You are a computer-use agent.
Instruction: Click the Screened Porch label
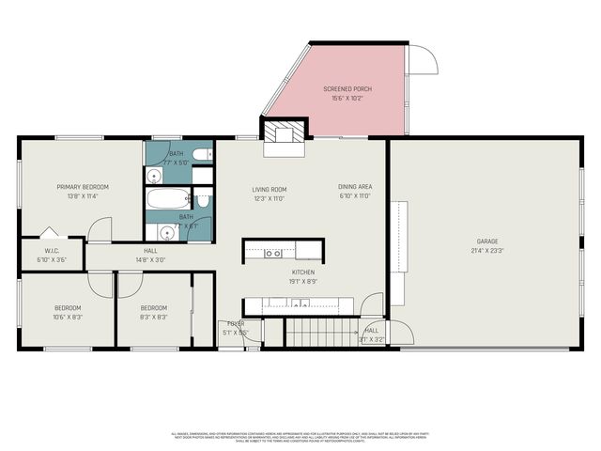tap(347, 89)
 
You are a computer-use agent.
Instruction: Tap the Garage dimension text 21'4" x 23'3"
tap(485, 251)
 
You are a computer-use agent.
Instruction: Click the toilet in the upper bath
tap(202, 153)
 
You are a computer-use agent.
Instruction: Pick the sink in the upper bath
tap(154, 175)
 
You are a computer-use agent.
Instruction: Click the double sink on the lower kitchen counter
tap(300, 303)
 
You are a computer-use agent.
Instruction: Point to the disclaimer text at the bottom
tap(300, 437)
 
